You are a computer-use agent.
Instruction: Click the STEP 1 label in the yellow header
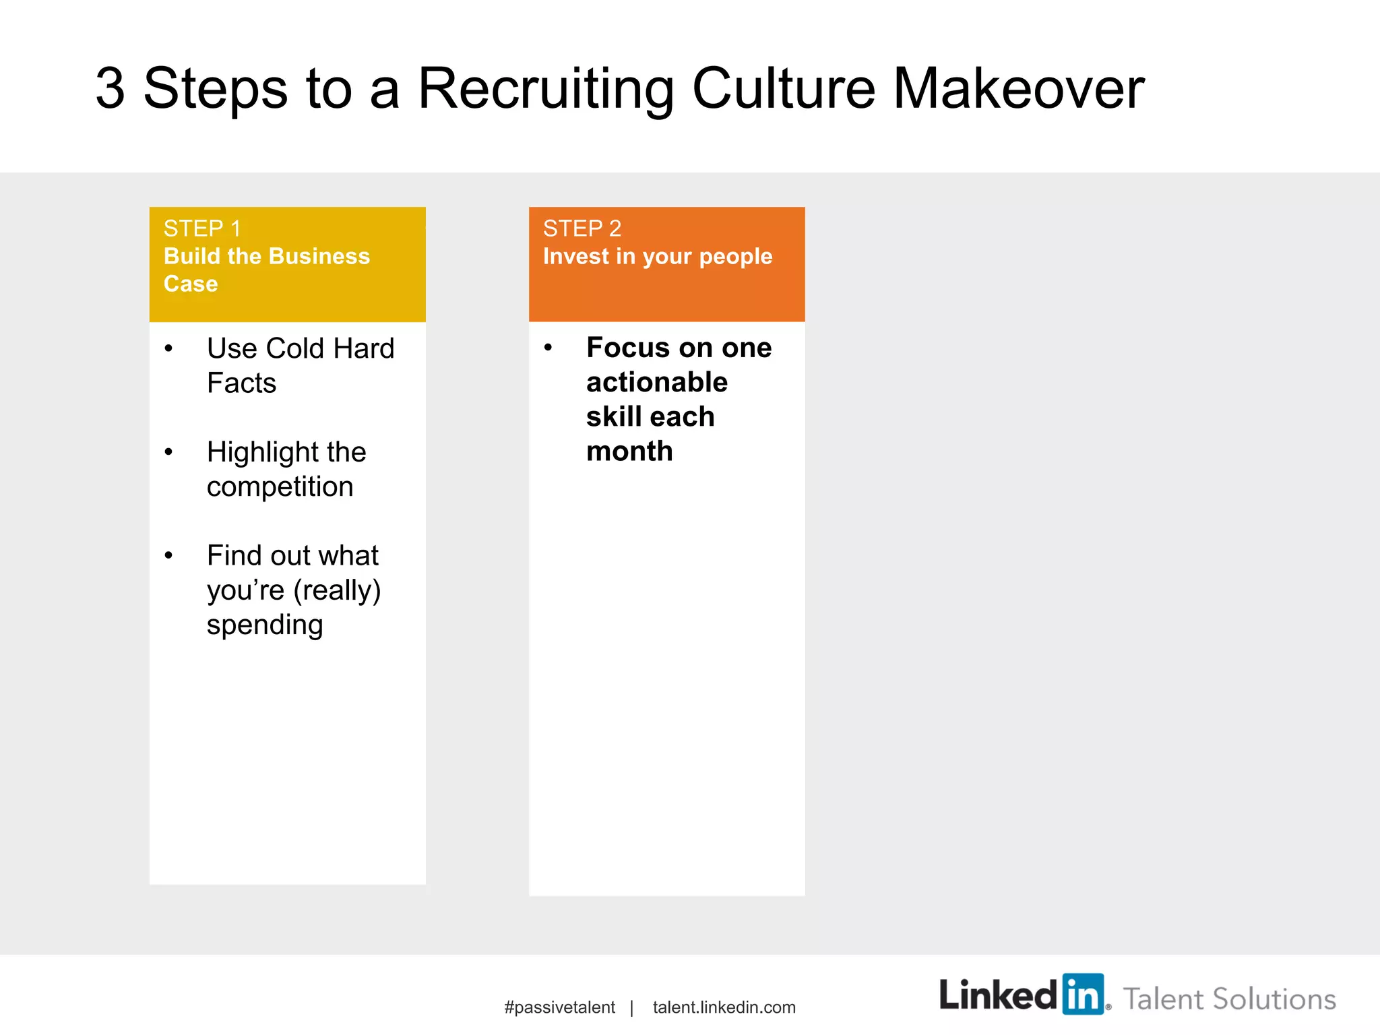[202, 229]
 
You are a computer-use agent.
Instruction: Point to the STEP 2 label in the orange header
[582, 229]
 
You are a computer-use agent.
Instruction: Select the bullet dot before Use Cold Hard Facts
[168, 348]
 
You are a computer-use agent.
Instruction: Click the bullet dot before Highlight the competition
[168, 452]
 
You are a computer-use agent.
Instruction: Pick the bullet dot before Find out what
[168, 555]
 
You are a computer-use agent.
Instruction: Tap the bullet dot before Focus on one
[548, 348]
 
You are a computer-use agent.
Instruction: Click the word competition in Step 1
[280, 487]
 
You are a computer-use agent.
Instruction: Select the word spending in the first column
[265, 625]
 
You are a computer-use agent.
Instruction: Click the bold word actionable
[657, 382]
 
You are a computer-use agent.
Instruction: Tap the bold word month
[629, 451]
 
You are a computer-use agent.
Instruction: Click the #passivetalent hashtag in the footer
[559, 1007]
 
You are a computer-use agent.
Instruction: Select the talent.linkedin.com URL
[724, 1007]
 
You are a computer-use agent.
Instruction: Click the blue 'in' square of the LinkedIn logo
[1083, 994]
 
